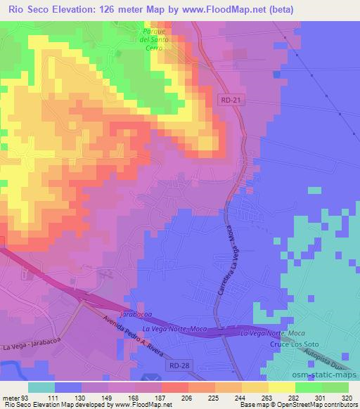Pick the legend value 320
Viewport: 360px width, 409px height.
(347, 397)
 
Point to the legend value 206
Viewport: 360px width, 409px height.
(174, 397)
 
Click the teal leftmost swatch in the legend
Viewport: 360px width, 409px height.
(41, 387)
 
